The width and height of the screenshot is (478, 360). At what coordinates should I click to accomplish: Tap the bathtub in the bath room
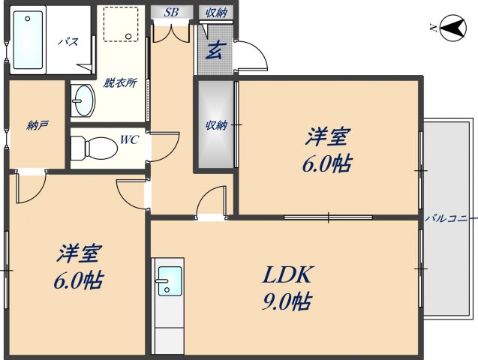coord(29,38)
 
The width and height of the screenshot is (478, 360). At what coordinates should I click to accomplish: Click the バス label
coord(68,42)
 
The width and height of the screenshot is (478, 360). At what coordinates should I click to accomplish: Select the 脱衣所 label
coord(120,82)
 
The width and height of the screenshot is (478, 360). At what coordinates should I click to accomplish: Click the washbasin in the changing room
coord(83,100)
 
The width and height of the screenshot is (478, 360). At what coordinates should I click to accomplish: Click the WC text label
coord(130,139)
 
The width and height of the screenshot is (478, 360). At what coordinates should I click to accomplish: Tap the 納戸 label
coord(38,124)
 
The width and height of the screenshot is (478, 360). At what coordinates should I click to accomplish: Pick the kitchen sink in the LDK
coord(169,281)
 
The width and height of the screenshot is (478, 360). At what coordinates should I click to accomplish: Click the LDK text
coord(287,275)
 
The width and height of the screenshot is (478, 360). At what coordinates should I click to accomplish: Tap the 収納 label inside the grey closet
coord(216,125)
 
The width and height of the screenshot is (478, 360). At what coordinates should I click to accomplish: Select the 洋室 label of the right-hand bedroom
coord(328,137)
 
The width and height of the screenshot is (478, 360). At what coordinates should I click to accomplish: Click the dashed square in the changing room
coord(120,24)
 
